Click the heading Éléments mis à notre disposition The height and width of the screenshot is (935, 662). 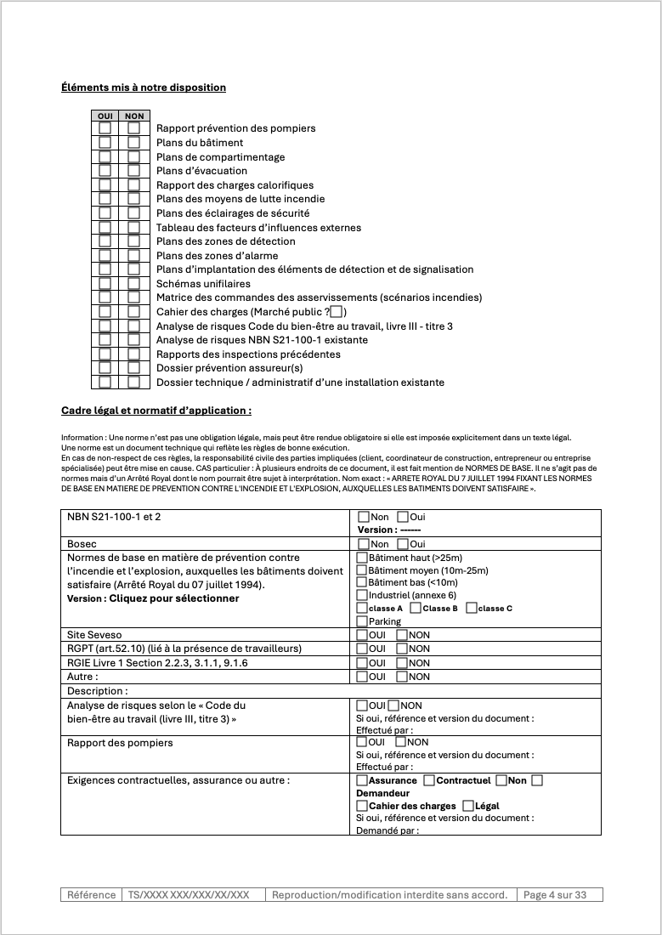(144, 87)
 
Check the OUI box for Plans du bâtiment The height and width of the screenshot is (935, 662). (105, 143)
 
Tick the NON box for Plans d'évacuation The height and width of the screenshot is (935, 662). (133, 171)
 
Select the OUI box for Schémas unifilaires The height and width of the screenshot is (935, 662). (105, 284)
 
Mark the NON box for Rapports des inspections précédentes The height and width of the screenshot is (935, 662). (133, 354)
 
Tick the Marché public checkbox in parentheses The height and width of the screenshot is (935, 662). (337, 312)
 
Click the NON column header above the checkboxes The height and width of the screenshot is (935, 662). (133, 116)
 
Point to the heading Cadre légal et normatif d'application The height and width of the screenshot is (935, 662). (156, 411)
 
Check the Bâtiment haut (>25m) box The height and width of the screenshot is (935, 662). (362, 558)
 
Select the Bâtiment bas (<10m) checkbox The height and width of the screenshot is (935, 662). (362, 582)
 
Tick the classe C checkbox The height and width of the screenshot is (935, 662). (471, 608)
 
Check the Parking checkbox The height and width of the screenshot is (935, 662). (362, 621)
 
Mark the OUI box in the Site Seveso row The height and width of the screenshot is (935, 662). (362, 635)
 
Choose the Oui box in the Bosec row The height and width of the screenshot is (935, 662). (403, 544)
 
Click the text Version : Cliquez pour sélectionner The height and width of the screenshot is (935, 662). (153, 598)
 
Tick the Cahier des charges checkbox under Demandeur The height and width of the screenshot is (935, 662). (362, 806)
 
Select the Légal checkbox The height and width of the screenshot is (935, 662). (468, 806)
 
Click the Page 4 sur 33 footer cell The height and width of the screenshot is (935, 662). (560, 895)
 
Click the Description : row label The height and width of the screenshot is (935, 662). (98, 691)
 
